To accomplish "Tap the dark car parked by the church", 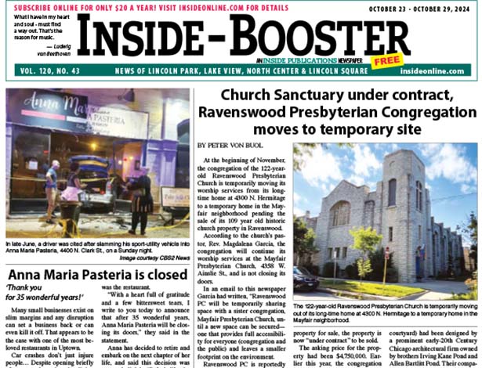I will click(304, 276).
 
